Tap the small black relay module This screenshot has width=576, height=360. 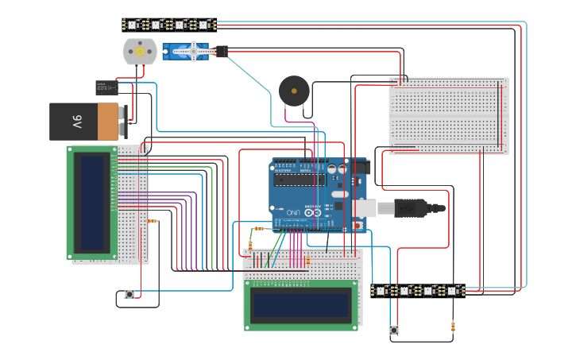(x=107, y=87)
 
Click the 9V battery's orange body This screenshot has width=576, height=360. (x=107, y=121)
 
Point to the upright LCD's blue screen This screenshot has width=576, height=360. (x=94, y=201)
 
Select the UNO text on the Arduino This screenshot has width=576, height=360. (x=292, y=212)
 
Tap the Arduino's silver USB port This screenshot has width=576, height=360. (x=366, y=208)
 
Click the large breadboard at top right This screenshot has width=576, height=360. (x=448, y=114)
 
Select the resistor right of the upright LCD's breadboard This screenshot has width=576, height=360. (x=153, y=222)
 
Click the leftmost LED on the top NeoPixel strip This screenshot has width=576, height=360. (x=132, y=25)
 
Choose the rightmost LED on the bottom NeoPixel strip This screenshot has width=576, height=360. (x=453, y=291)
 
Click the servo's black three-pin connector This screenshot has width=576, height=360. (x=220, y=52)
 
